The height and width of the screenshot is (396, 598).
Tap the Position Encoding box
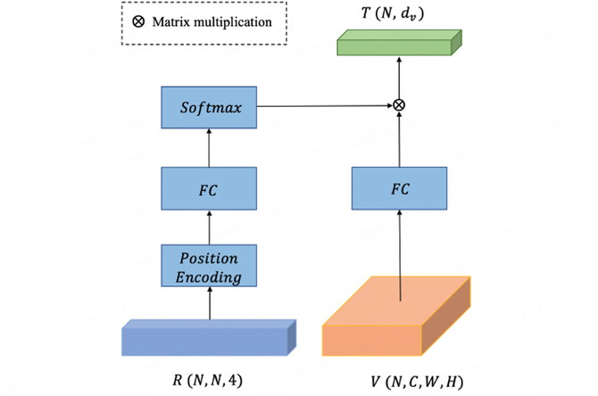pyautogui.click(x=210, y=267)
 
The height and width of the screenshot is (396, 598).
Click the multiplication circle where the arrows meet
pyautogui.click(x=399, y=105)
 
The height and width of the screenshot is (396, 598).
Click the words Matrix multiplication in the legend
pyautogui.click(x=214, y=21)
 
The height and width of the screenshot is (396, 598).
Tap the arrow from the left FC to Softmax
pyautogui.click(x=210, y=148)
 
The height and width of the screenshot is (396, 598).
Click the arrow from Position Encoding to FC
pyautogui.click(x=210, y=228)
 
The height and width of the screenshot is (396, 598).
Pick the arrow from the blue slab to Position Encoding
pyautogui.click(x=210, y=305)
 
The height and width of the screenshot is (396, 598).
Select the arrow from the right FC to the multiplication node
pyautogui.click(x=399, y=140)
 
